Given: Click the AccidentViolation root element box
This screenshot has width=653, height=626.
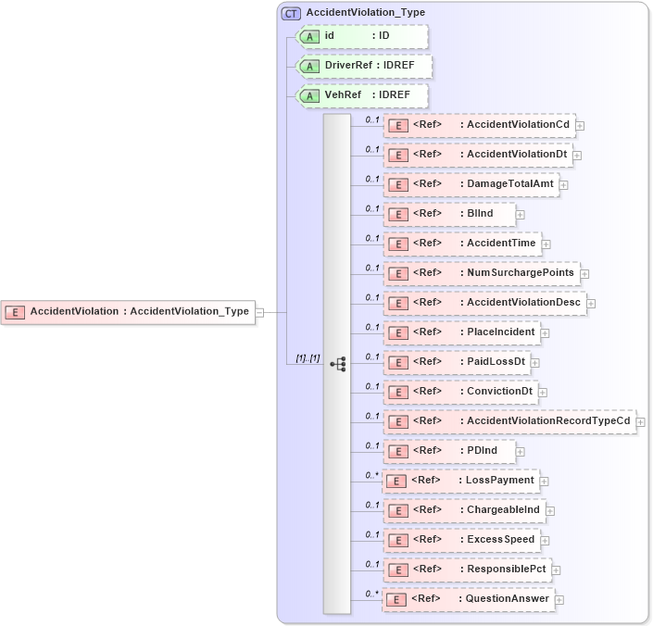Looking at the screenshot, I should (129, 312).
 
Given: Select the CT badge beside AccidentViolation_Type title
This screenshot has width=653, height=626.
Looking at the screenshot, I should (291, 13).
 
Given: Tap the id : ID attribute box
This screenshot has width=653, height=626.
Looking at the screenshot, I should (361, 36).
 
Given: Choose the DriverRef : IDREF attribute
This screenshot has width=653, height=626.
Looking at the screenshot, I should (363, 67).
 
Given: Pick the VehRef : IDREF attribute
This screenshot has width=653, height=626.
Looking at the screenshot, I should (361, 95).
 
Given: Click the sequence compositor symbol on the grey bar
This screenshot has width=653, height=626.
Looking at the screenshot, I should (337, 364).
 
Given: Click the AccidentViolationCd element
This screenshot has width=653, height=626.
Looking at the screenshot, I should (479, 125).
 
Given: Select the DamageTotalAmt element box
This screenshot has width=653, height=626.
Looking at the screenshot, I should (471, 184).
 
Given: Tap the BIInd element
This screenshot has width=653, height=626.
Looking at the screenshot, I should (449, 214).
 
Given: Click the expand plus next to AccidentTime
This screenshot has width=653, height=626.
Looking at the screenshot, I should (546, 244).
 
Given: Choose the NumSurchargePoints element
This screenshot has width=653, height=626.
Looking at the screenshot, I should (482, 273).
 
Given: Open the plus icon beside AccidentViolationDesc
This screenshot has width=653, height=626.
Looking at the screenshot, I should (591, 303).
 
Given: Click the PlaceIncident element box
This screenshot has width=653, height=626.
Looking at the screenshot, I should (461, 332).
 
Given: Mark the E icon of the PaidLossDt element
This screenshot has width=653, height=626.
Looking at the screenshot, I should (397, 363).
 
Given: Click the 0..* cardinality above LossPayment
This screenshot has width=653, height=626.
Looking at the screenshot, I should (371, 475).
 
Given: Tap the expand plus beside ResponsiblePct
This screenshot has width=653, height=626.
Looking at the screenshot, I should (557, 570).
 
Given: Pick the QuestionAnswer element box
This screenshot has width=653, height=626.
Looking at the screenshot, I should (469, 599).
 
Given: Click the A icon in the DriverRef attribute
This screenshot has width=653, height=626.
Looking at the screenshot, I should (311, 67).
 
